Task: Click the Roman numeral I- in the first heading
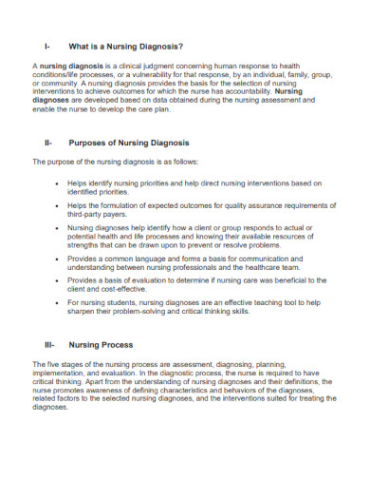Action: coord(47,45)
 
